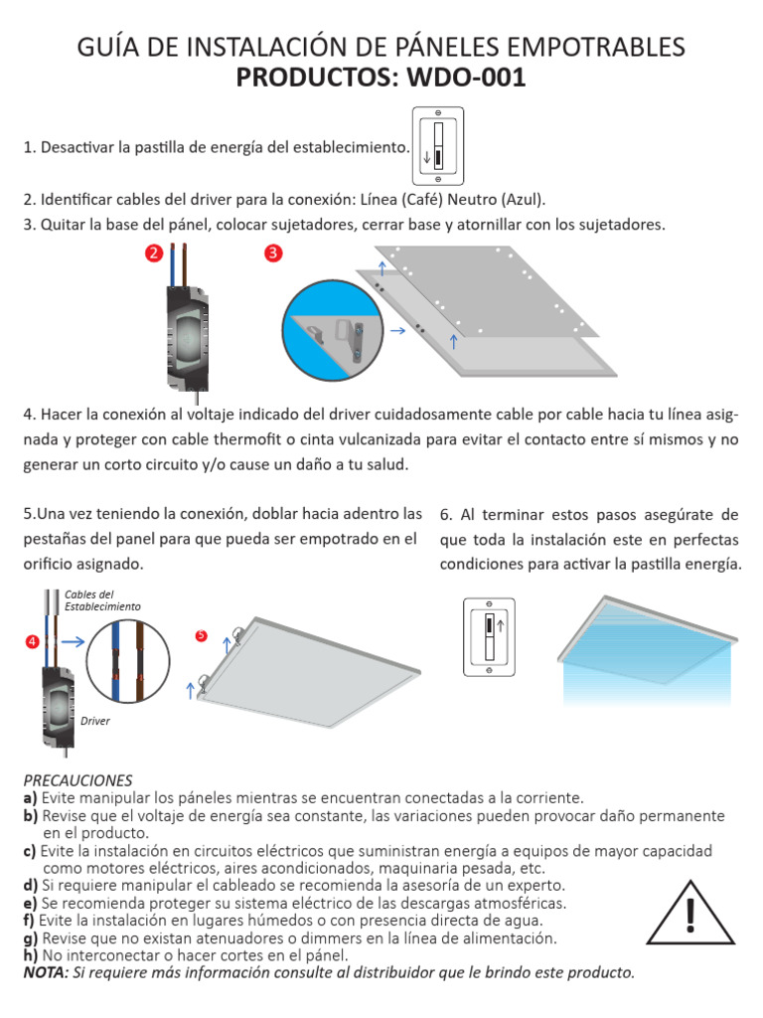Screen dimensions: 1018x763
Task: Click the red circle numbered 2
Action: [x=154, y=254]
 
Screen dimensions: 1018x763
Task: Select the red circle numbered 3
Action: [x=274, y=254]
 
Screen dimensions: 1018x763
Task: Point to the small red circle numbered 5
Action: [x=202, y=634]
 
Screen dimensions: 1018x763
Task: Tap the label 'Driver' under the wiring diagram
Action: [x=95, y=721]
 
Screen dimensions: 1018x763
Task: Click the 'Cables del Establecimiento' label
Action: [x=102, y=599]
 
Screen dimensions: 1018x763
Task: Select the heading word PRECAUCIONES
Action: [x=76, y=779]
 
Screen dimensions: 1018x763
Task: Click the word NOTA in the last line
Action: [x=45, y=971]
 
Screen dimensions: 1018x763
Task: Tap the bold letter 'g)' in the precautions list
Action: [x=31, y=938]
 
